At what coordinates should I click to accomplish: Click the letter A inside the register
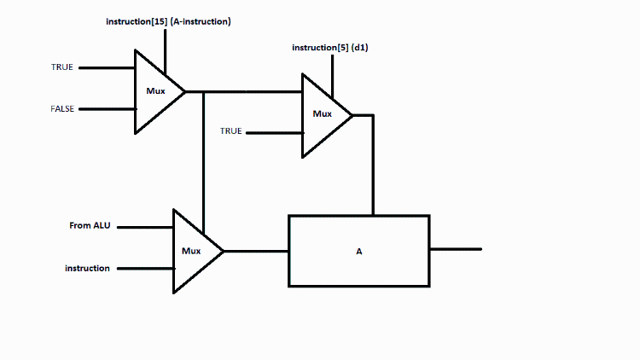point(359,253)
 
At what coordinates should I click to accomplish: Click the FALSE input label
point(62,109)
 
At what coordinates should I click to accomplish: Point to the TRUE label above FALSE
point(62,67)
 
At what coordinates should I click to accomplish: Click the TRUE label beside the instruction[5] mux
point(231,131)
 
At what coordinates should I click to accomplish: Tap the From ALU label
point(90,226)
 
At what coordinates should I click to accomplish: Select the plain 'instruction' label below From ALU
point(87,268)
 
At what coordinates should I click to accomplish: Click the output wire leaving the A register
point(456,249)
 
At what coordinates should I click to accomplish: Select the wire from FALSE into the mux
point(107,109)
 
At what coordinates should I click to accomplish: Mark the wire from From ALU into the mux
point(145,227)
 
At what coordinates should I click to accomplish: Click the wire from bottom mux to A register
point(256,251)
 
